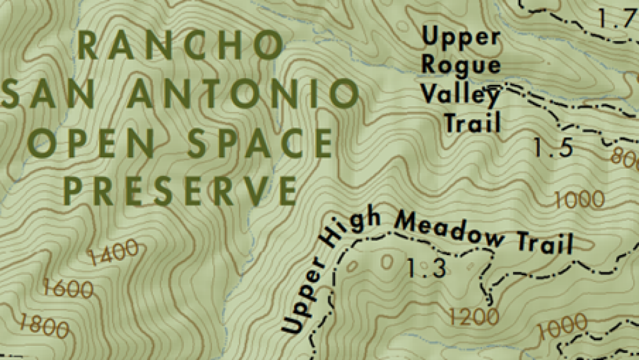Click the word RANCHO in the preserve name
pos(181,46)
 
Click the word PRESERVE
pos(181,190)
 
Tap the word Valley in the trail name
pos(460,95)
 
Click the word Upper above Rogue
pos(461,37)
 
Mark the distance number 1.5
pos(553,148)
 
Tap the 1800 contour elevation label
pos(43,325)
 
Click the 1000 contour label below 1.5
pos(580,199)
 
